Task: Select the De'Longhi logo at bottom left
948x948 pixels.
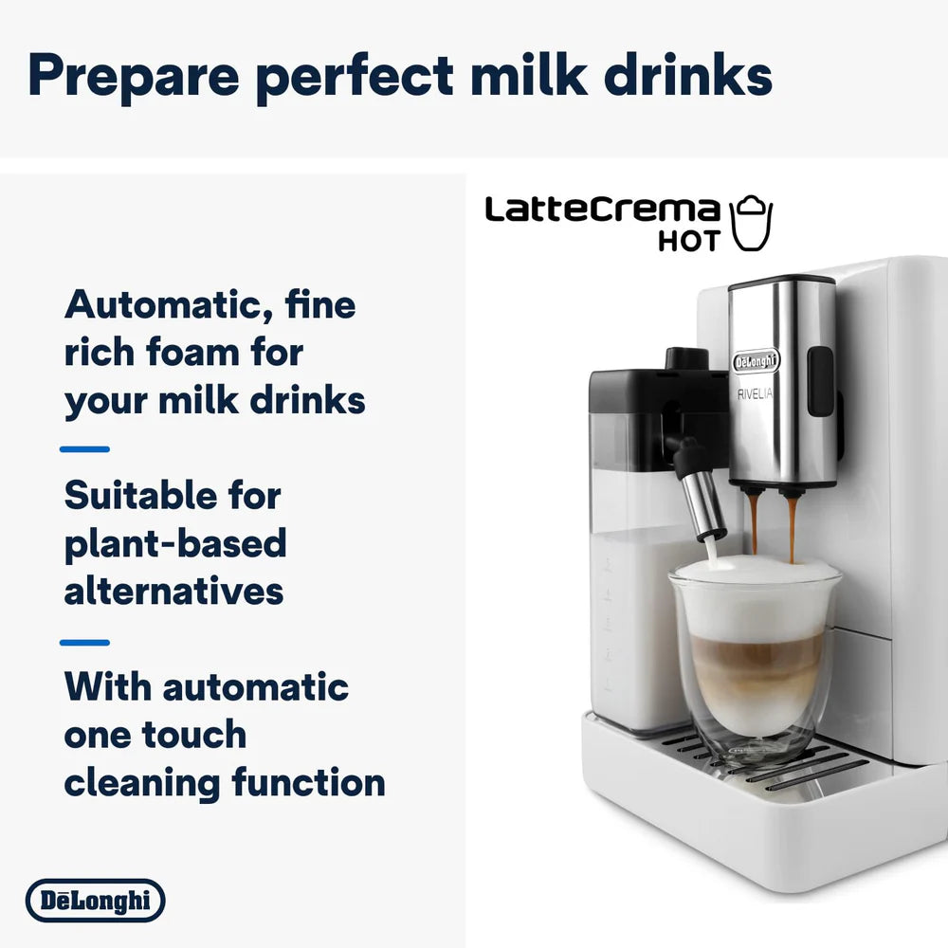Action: click(95, 901)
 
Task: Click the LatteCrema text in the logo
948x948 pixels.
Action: click(602, 210)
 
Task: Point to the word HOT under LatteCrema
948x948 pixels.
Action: click(689, 240)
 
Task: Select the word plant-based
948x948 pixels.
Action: click(175, 543)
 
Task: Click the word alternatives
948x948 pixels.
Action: click(173, 592)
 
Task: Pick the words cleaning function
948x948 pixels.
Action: click(225, 783)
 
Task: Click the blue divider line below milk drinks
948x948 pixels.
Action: click(85, 449)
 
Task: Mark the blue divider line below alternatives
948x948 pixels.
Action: click(85, 643)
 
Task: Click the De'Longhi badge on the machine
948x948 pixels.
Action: click(756, 361)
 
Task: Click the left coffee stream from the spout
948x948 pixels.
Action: click(753, 521)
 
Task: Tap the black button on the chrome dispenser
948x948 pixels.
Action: click(819, 381)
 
